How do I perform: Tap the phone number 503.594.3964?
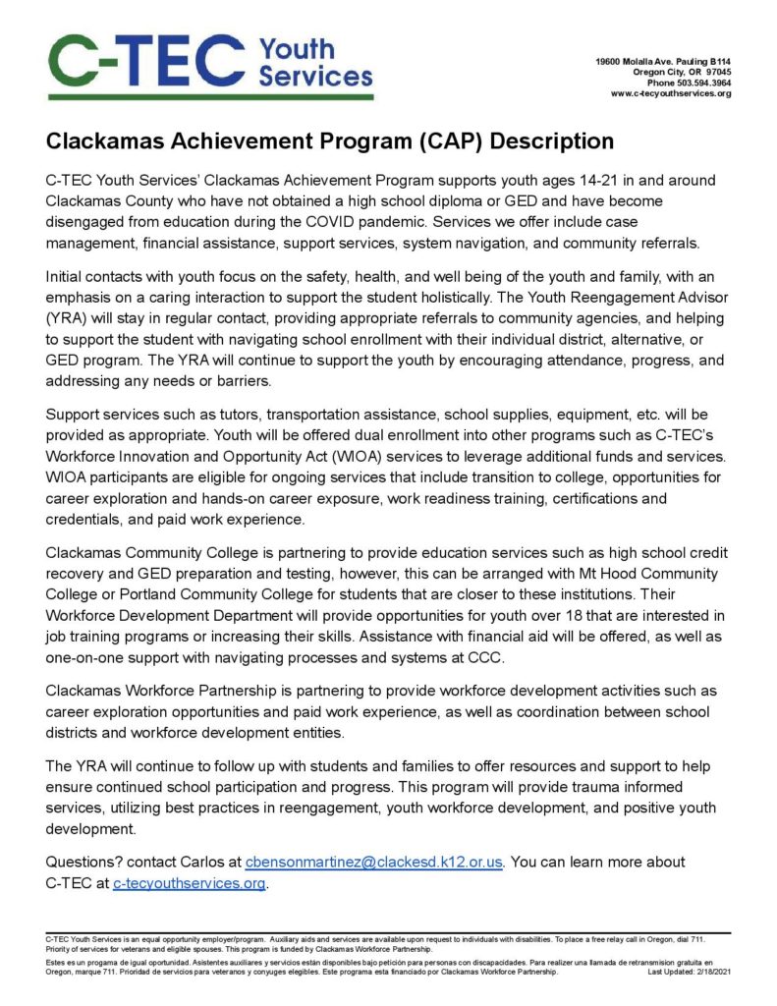701,84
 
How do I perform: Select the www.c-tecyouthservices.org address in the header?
671,94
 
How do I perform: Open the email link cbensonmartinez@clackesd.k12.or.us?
374,862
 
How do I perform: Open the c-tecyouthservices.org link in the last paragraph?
190,883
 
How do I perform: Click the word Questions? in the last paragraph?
86,862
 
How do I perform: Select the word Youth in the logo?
297,47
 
